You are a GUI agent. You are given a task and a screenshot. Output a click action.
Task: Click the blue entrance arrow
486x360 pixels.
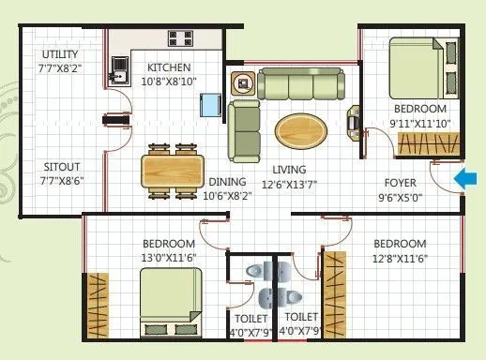tap(463, 178)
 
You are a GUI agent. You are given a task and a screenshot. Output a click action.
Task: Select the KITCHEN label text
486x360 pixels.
tap(169, 67)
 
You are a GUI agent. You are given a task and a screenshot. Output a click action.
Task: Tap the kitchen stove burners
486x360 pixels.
tap(180, 38)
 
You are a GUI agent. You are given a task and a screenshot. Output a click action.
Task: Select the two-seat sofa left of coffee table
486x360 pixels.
tap(243, 129)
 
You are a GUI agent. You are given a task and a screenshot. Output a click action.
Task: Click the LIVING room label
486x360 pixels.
tap(290, 170)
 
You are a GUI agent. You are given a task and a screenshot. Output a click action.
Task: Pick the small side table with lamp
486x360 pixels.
tap(245, 83)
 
